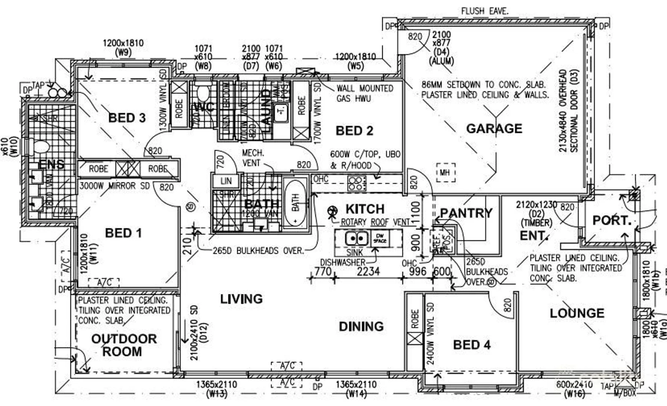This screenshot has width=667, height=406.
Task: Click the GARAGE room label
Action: point(494,129)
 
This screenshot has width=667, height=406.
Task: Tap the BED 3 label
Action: point(127,118)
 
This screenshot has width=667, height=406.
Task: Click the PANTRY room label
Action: point(466,213)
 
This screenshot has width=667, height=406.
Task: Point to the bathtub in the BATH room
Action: point(296,203)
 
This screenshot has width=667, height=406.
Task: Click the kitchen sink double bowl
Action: point(356,238)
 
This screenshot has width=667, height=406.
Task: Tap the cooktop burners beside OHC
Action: point(356,183)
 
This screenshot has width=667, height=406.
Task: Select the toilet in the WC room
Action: point(203,93)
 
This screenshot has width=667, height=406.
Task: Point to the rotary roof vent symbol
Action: point(332,211)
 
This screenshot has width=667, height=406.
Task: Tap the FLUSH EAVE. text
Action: point(484,11)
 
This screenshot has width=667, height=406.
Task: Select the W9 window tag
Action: point(123,52)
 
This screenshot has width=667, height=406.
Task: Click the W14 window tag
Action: point(356,394)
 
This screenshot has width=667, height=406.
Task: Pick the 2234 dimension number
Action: point(368,271)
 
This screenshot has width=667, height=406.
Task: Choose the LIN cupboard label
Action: point(226,181)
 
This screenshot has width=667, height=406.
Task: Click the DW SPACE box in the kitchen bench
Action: point(380,238)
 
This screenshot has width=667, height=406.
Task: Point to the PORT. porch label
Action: point(612,220)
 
